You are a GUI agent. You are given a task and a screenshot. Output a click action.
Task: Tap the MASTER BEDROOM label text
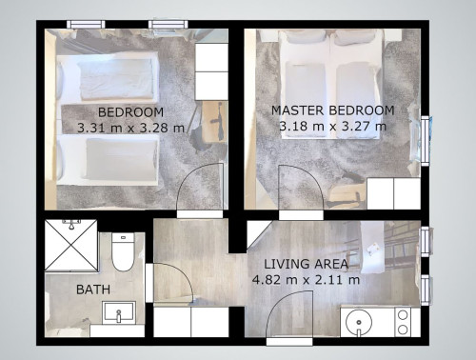[x=332, y=110]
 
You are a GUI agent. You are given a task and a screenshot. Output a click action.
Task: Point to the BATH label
[x=92, y=289]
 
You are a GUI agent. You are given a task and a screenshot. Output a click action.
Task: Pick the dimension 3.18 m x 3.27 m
[x=332, y=125]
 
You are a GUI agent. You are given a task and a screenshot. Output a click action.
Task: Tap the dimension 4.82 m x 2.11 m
[x=305, y=279]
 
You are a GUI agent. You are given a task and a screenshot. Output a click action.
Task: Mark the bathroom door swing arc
[x=171, y=282]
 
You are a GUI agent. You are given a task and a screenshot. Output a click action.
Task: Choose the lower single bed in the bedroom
[x=105, y=157]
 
